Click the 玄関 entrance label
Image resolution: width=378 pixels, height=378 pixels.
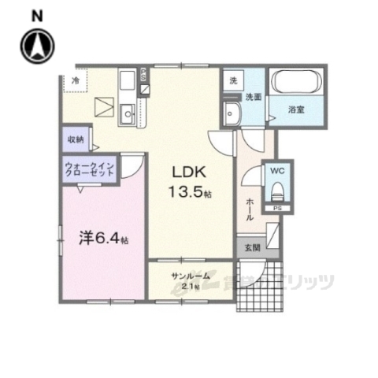point(249,247)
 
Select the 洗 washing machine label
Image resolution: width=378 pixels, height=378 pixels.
point(233,81)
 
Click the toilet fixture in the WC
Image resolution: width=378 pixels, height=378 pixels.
point(276,190)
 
